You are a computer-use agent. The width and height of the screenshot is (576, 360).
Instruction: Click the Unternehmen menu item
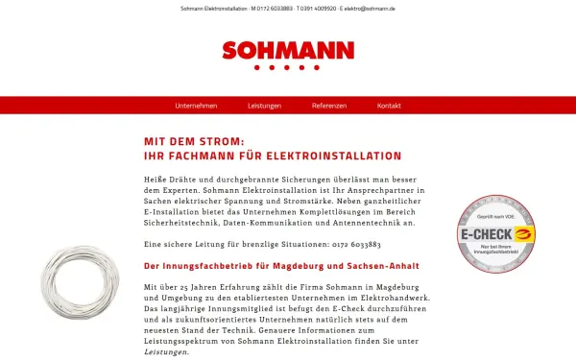[x=196, y=105]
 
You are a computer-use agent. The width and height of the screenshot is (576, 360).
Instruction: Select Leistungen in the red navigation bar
[x=264, y=105]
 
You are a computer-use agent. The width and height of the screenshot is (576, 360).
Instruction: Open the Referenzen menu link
[x=329, y=105]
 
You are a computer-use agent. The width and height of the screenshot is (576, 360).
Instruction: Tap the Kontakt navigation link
[x=389, y=105]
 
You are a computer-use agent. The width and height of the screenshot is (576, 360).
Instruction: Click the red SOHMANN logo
[x=287, y=51]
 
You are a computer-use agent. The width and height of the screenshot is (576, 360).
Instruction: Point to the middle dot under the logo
[x=288, y=68]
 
